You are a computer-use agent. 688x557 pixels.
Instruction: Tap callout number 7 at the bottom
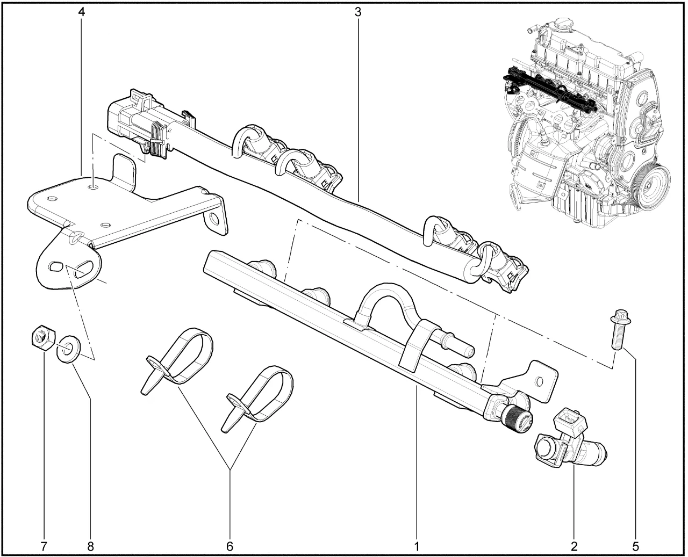tap(44, 546)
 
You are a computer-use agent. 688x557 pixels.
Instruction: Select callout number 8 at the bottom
tap(90, 546)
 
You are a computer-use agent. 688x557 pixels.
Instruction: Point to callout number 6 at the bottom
tap(230, 546)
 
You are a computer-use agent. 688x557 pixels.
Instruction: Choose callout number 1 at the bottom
tap(417, 546)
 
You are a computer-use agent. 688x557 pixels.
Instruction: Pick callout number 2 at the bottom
tap(574, 546)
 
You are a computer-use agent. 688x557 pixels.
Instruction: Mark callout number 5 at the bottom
tap(636, 546)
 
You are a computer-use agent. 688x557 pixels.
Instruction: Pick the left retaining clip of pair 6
tap(177, 360)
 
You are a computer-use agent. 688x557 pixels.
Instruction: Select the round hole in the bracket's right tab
tap(215, 220)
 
